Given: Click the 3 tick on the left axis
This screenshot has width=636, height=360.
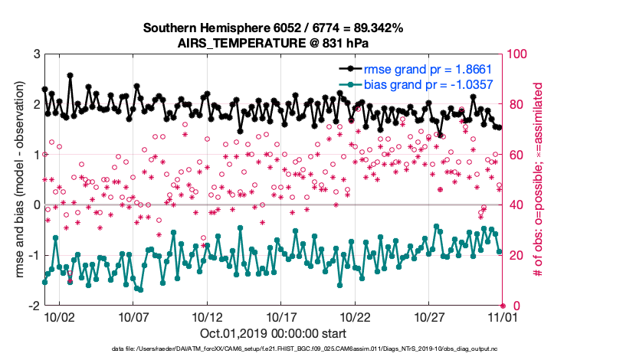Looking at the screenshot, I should point(36,54).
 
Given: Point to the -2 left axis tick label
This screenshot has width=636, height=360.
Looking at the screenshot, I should point(34,306).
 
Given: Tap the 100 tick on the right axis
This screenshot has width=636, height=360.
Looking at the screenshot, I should point(517,54).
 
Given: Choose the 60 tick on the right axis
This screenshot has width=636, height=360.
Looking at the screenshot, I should point(514,155).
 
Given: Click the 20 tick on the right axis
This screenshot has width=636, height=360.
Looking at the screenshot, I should point(514,255).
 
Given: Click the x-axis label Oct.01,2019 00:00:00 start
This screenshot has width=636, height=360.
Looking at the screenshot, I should point(274,333).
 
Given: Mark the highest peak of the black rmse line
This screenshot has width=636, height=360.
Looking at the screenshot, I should point(70,75).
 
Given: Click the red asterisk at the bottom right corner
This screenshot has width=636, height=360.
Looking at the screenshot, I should point(503,305).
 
